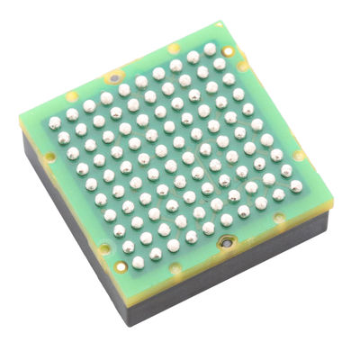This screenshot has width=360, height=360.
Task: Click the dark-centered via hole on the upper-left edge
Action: [115, 76]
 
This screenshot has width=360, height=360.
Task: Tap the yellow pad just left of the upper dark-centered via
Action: [72, 95]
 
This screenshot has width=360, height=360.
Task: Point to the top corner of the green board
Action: [224, 24]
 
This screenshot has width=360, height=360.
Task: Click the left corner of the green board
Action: [20, 114]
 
